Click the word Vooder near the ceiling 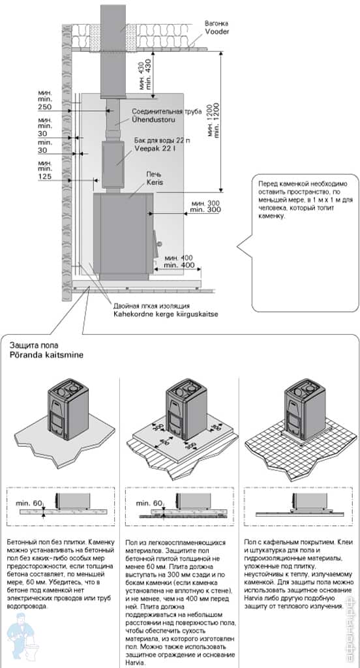tap(217, 31)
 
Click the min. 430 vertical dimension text tap(147, 76)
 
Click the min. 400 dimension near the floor tap(179, 266)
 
